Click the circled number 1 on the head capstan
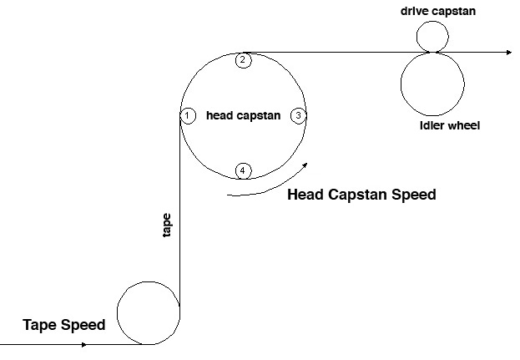[x=188, y=114]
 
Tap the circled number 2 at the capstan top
[x=242, y=59]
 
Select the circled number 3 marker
[x=299, y=115]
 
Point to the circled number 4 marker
[x=242, y=170]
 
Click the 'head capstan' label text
[x=243, y=116]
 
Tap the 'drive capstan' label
[x=432, y=11]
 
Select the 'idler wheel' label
[x=451, y=125]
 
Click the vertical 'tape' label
[x=167, y=226]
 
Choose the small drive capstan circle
[x=432, y=37]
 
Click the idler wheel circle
[x=432, y=84]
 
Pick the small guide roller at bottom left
[x=149, y=313]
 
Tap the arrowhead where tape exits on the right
[x=507, y=52]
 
